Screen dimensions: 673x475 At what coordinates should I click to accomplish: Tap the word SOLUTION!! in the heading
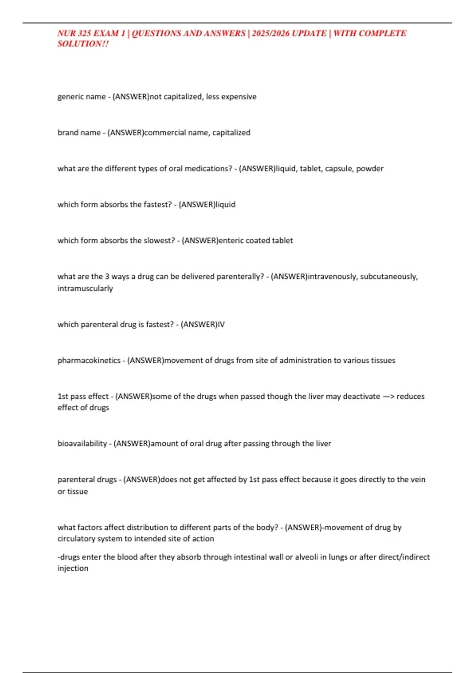[83, 44]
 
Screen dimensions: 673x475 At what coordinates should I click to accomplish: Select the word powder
[370, 169]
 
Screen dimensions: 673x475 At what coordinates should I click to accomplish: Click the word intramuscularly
[85, 289]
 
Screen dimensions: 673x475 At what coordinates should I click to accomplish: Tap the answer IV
[221, 325]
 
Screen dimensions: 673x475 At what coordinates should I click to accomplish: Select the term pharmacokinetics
[89, 361]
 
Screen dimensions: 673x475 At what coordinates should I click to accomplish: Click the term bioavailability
[82, 444]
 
